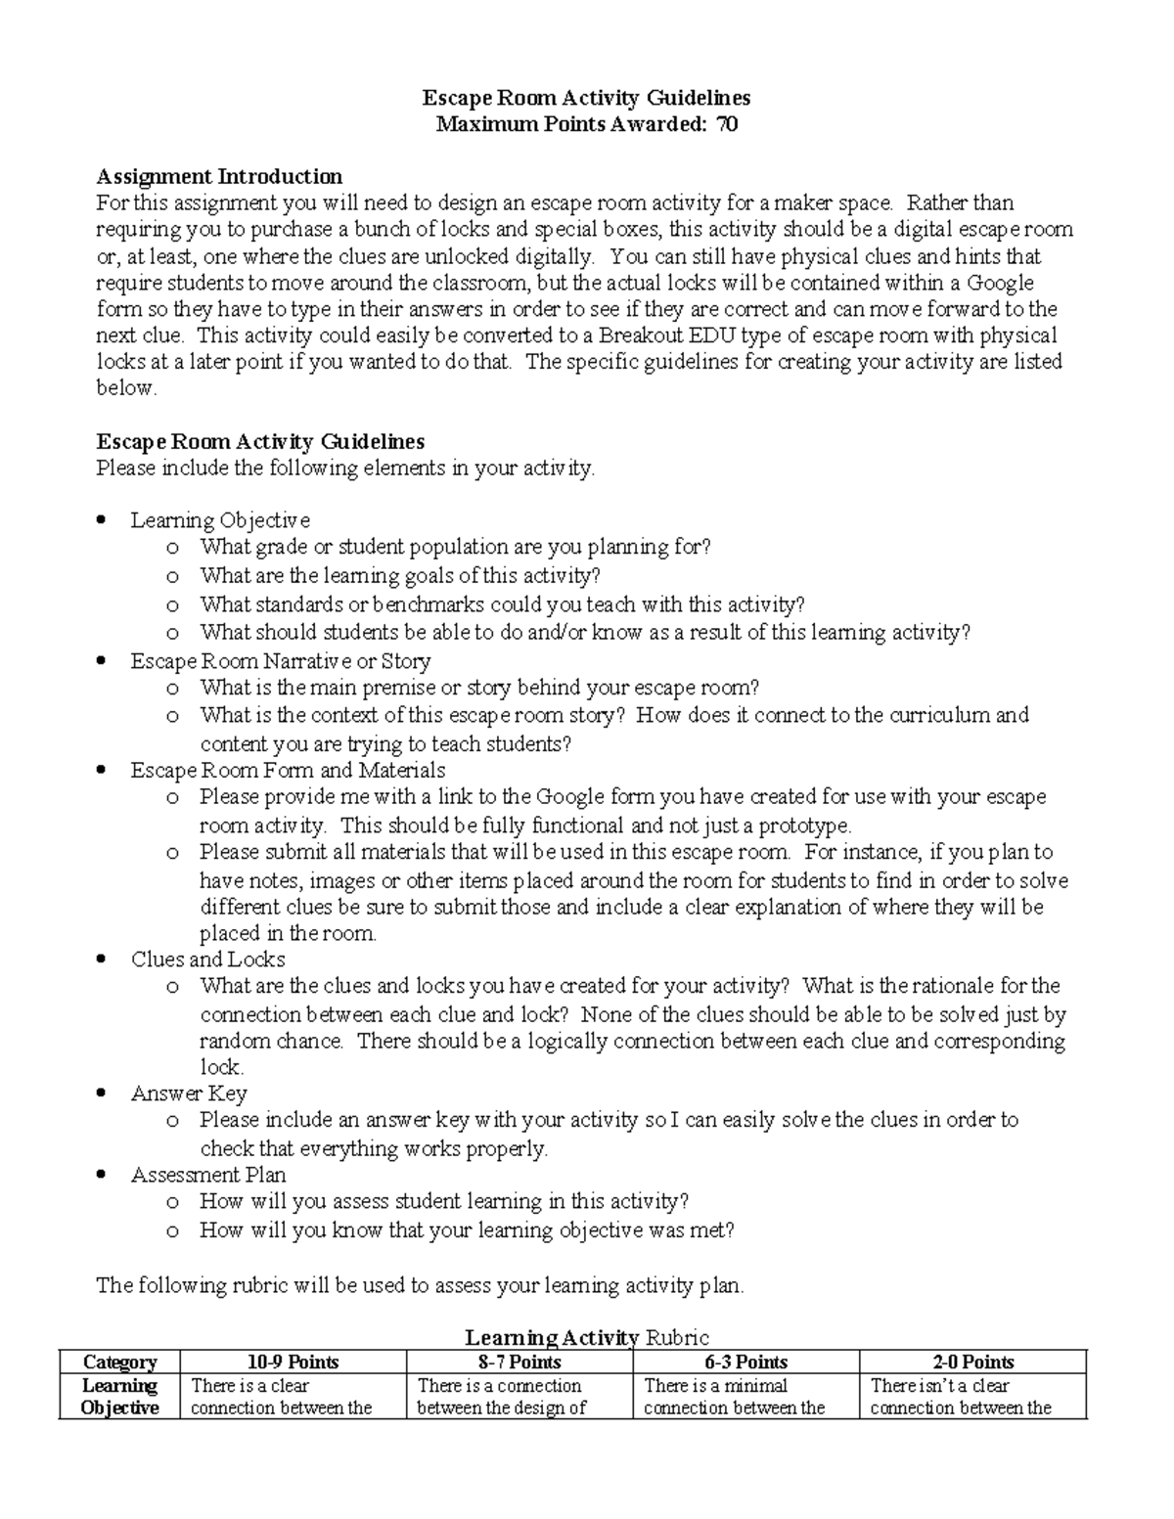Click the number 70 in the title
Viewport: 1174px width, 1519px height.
(x=726, y=124)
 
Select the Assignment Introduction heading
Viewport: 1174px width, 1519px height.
(x=219, y=177)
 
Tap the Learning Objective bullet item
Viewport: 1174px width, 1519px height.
(x=220, y=520)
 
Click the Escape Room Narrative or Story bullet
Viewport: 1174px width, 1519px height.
(x=281, y=661)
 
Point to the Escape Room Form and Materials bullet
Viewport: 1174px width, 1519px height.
(x=288, y=771)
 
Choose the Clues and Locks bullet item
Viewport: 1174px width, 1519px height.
(x=207, y=960)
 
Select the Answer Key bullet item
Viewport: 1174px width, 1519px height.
(x=189, y=1094)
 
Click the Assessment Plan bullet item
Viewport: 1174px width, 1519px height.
(x=208, y=1175)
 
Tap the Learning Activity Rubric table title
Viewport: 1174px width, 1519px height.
(x=586, y=1338)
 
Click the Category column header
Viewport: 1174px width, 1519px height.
(x=119, y=1363)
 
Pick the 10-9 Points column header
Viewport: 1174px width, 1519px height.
(x=293, y=1363)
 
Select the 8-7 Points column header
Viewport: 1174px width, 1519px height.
(x=519, y=1363)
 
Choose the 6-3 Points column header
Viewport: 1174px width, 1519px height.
(x=745, y=1363)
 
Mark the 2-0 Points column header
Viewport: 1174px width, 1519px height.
(x=972, y=1363)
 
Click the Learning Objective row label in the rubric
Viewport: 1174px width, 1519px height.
(x=119, y=1397)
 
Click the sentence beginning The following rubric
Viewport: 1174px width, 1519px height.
(x=420, y=1285)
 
